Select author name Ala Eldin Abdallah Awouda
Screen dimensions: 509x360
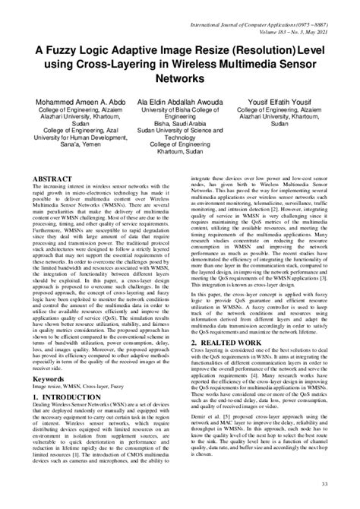(x=179, y=102)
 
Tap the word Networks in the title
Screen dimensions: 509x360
(x=180, y=77)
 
